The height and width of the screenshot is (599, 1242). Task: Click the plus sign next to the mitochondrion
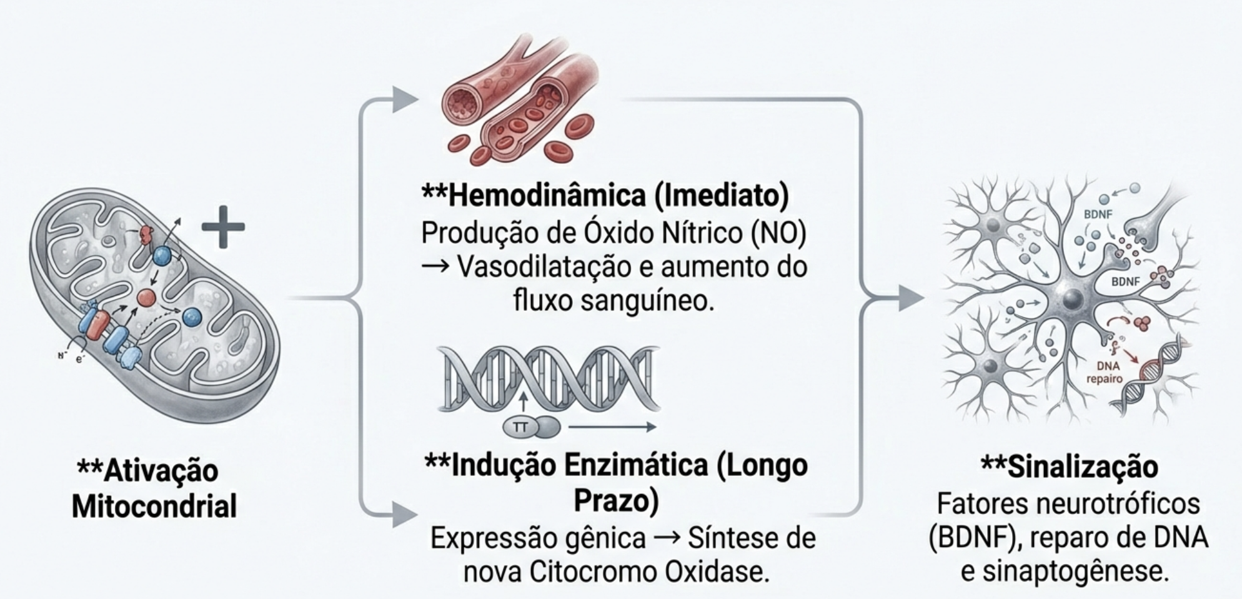tap(223, 226)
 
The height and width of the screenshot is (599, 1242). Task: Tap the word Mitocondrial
tap(154, 506)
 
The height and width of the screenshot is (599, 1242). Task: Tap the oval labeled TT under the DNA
tap(520, 428)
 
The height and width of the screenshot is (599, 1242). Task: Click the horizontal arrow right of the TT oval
tap(612, 428)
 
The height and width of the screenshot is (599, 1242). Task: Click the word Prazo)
tap(616, 501)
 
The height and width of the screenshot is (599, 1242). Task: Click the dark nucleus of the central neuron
tap(1072, 298)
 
